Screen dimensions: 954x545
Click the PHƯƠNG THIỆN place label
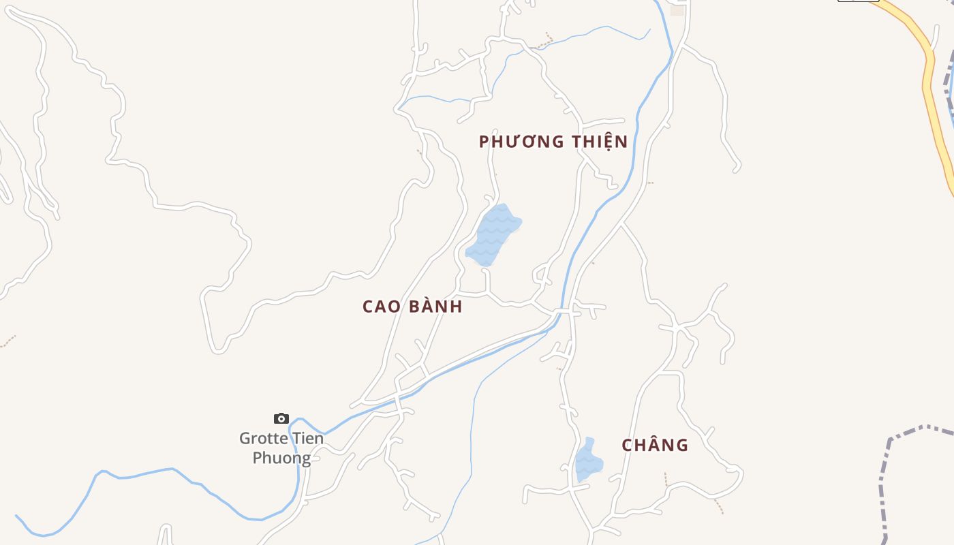[x=553, y=142]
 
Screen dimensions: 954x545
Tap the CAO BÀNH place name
[x=412, y=307]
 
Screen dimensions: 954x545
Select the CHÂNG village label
[x=654, y=446]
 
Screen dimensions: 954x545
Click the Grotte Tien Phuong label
[x=281, y=448]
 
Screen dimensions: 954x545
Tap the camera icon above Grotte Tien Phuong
[x=281, y=418]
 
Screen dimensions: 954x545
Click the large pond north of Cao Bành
[x=492, y=235]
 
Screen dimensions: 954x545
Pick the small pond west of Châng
[x=588, y=461]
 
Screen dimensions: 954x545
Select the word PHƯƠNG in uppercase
[x=521, y=142]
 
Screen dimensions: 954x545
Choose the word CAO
[x=381, y=307]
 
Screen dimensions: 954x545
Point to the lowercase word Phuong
[x=281, y=458]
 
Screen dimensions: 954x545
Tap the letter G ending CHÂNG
[x=681, y=446]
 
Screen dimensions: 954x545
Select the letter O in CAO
[x=395, y=307]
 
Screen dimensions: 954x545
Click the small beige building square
[x=677, y=10]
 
